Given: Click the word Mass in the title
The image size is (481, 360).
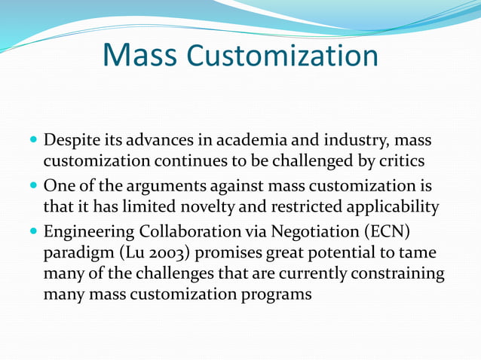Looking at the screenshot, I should pyautogui.click(x=139, y=55).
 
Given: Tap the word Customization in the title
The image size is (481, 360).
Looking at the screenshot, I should pyautogui.click(x=282, y=56).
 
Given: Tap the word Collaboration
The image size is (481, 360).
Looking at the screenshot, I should pyautogui.click(x=179, y=230).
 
